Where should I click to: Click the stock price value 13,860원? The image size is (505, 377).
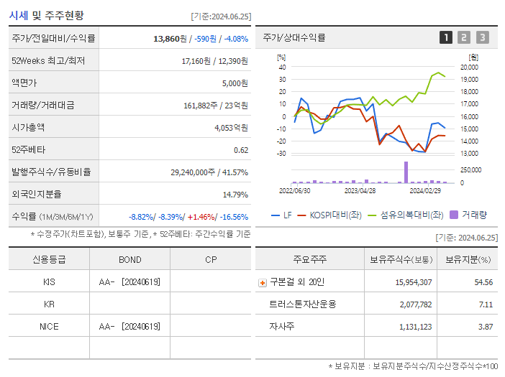coord(172,38)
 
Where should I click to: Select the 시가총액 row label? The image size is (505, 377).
coord(28,127)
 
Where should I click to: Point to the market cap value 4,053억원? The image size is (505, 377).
coord(231,127)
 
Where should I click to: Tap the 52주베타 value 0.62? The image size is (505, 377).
coord(241,149)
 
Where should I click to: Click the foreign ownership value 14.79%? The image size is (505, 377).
coord(235,194)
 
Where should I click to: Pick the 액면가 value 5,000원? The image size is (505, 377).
coord(235,83)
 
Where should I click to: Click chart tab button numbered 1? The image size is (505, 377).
coord(446,37)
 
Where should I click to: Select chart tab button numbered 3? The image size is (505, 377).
coord(482,37)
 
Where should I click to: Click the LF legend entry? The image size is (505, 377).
coord(282,215)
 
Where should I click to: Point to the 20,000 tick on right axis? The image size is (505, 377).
coord(470,67)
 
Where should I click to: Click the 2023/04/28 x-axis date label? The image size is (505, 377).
coord(360,191)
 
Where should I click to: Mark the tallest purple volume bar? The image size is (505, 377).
coord(406,172)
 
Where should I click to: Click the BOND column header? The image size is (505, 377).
coord(130,259)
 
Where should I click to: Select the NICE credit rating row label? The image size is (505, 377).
coord(49,326)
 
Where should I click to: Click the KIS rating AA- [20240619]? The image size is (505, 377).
coord(130,282)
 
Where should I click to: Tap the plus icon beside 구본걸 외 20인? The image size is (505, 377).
coord(262,282)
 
